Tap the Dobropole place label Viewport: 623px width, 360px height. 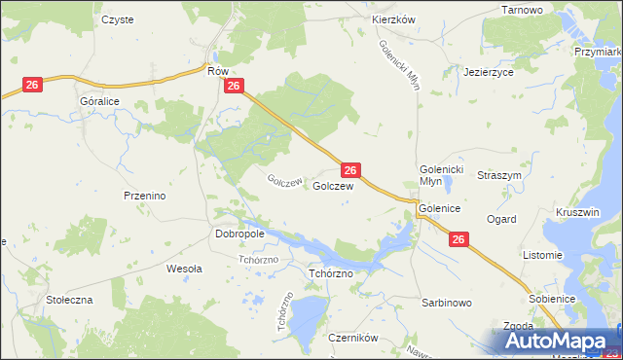coord(238,234)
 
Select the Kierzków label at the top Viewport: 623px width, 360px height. coord(394,19)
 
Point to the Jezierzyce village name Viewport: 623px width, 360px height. coord(489,72)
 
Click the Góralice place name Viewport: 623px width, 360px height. coord(100,100)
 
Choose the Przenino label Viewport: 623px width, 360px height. coord(145,196)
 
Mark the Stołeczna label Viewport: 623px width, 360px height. coord(69,300)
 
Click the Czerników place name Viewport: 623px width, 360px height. coord(352,339)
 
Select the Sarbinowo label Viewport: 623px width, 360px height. coord(447,303)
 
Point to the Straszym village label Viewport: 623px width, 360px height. coord(499,175)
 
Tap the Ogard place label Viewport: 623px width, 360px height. coord(501,220)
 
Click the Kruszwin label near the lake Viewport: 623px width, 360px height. coord(577,212)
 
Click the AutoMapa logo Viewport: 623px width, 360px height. coord(561,342)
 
